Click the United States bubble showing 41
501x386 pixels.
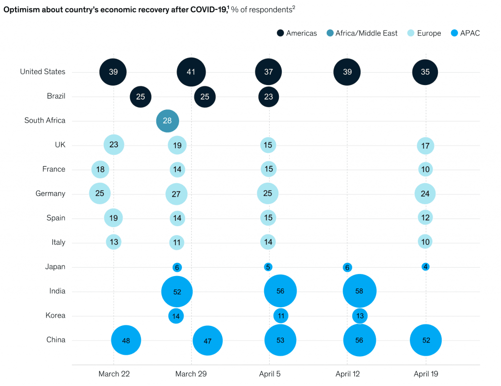191,72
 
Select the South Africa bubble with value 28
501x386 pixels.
167,121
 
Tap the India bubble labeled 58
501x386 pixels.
360,291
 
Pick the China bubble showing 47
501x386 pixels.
207,341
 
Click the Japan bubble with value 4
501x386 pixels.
426,267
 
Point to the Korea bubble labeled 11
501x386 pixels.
280,316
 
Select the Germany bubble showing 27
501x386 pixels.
176,194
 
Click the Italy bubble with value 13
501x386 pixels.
114,242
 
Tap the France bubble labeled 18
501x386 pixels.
100,170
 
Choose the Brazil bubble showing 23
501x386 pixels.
269,96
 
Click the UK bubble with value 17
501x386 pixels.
425,145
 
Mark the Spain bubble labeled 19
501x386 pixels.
113,218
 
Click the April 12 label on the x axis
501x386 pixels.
347,374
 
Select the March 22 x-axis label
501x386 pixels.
114,374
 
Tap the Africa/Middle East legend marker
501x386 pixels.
329,33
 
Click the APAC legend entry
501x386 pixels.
468,33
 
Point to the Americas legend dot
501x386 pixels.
280,33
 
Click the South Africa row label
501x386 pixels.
45,121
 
